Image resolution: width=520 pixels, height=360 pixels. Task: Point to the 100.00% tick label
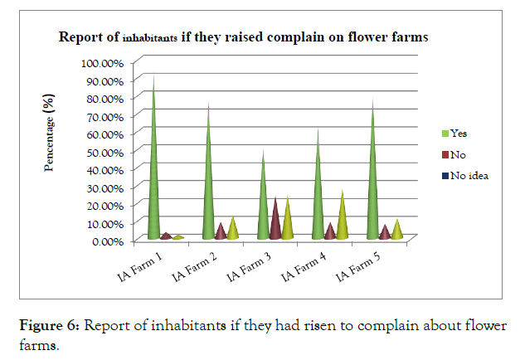(x=103, y=63)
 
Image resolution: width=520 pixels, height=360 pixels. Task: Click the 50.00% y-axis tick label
(x=105, y=152)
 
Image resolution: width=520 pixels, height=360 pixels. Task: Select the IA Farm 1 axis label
(x=138, y=265)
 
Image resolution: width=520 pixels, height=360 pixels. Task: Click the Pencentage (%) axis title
(x=50, y=133)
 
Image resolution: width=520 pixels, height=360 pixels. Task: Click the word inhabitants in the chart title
(x=149, y=38)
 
